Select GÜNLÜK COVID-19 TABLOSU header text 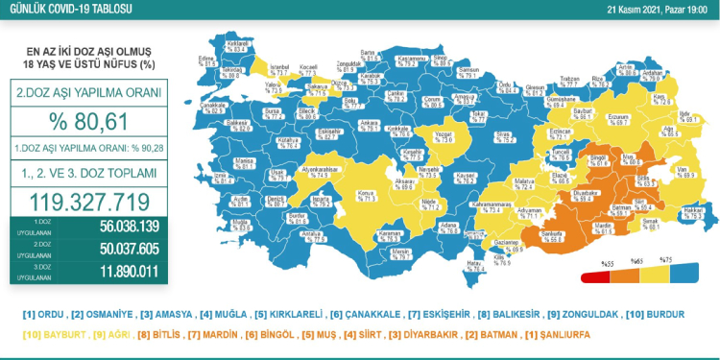point(67,11)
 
